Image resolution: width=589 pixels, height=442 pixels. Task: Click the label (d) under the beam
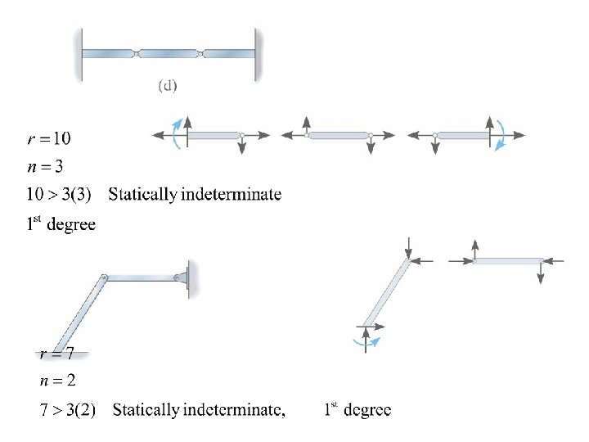pos(167,85)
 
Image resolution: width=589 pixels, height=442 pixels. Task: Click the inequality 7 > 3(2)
pos(68,410)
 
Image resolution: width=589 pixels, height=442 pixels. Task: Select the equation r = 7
pos(58,354)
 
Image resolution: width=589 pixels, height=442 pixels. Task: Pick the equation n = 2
pos(58,381)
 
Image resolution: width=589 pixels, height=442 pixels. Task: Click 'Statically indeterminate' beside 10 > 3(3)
pos(195,195)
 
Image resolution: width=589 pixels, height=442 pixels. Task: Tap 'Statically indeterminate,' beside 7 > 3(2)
pos(200,410)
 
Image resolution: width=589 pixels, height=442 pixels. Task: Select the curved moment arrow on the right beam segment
pos(504,134)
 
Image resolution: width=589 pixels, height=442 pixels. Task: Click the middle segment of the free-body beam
pos(338,135)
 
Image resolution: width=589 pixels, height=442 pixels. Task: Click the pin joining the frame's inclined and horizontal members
pos(105,278)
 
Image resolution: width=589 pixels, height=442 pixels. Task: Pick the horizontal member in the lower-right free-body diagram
pos(507,261)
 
